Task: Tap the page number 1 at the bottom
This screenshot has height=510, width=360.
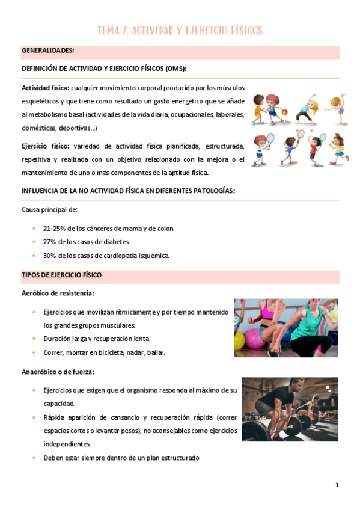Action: pos(337,485)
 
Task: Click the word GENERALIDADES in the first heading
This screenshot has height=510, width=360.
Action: pos(47,51)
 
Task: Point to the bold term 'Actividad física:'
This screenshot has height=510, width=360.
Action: pos(45,88)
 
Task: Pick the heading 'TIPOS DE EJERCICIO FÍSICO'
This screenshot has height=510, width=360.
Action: pos(62,275)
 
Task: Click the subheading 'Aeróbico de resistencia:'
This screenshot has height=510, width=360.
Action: pos(58,293)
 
